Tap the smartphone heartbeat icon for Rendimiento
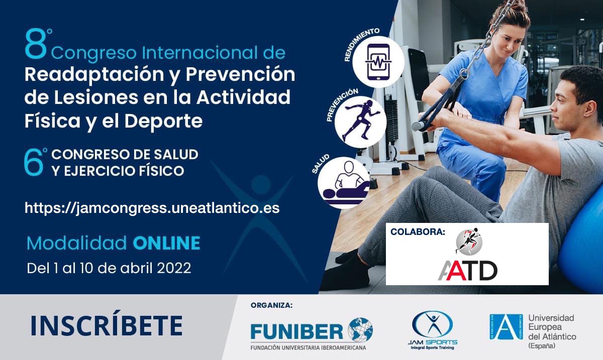click(378, 62)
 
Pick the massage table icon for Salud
click(344, 182)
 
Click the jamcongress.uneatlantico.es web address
click(152, 208)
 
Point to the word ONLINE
click(166, 244)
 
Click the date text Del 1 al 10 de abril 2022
click(109, 268)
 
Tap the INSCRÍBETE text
click(106, 326)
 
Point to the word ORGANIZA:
click(271, 305)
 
